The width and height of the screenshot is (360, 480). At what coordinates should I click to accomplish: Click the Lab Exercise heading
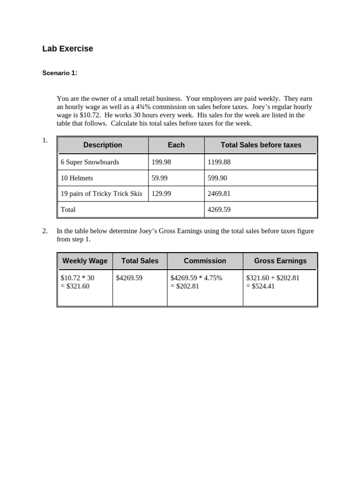pos(67,49)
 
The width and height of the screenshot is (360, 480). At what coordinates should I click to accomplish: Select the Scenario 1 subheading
pos(60,73)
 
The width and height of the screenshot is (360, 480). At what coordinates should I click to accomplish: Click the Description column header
pos(103,145)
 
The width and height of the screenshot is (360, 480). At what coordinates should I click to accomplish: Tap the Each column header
pos(176,145)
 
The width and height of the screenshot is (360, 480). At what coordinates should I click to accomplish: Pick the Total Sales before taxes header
pos(261,145)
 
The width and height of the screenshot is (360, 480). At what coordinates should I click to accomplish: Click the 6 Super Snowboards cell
pos(90,162)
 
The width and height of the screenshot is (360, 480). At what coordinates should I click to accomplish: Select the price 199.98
pos(161,162)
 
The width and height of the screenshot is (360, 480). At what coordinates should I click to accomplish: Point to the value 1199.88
pos(219,162)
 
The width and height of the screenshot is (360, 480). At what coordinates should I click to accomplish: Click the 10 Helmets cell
pos(77,178)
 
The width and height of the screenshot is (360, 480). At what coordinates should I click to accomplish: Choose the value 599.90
pos(217,178)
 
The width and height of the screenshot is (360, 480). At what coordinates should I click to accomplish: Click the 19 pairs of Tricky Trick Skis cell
pos(101,194)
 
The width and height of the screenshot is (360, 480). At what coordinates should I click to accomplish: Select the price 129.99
pos(161,194)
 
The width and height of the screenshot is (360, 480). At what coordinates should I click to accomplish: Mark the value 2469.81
pos(219,194)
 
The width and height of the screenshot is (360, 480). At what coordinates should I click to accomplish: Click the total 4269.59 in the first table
pos(219,210)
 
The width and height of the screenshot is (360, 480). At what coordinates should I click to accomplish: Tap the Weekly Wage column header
pos(85,261)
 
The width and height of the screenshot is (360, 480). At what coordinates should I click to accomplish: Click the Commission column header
pos(205,261)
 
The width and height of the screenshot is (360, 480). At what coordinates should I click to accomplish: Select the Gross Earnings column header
pos(280,261)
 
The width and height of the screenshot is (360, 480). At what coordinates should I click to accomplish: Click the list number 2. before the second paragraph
pos(45,231)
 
